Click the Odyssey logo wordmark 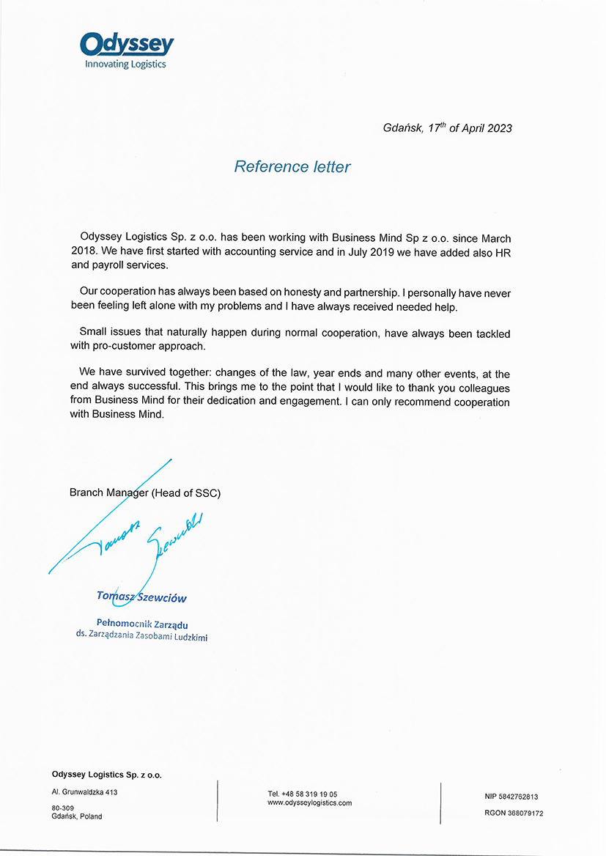[127, 45]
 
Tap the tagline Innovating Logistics [125, 64]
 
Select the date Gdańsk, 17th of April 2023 [447, 128]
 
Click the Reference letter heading [292, 167]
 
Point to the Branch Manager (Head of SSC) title [145, 493]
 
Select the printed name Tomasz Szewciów [141, 597]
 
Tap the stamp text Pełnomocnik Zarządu [142, 624]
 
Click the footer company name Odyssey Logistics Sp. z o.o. [107, 774]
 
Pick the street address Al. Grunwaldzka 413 [85, 792]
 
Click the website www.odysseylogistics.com [310, 803]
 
